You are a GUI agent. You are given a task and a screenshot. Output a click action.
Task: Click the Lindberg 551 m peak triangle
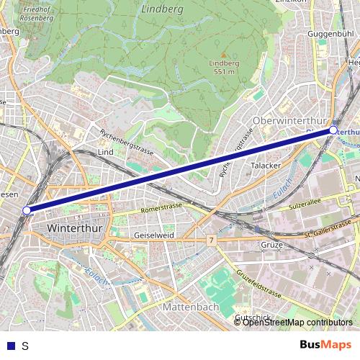223,55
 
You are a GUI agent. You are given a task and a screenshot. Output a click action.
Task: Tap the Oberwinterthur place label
290,120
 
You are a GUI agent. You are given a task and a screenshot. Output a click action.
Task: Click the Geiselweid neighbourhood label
154,235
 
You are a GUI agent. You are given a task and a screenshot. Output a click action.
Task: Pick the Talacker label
265,165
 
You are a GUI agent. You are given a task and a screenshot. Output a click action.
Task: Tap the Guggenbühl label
330,34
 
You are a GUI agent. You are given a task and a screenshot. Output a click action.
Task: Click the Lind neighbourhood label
105,153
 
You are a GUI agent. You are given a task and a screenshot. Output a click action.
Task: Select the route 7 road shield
211,238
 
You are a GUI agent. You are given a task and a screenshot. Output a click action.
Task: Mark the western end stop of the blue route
27,210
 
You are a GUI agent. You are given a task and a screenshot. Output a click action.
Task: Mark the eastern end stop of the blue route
333,130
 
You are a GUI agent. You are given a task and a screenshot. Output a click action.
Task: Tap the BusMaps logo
325,345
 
